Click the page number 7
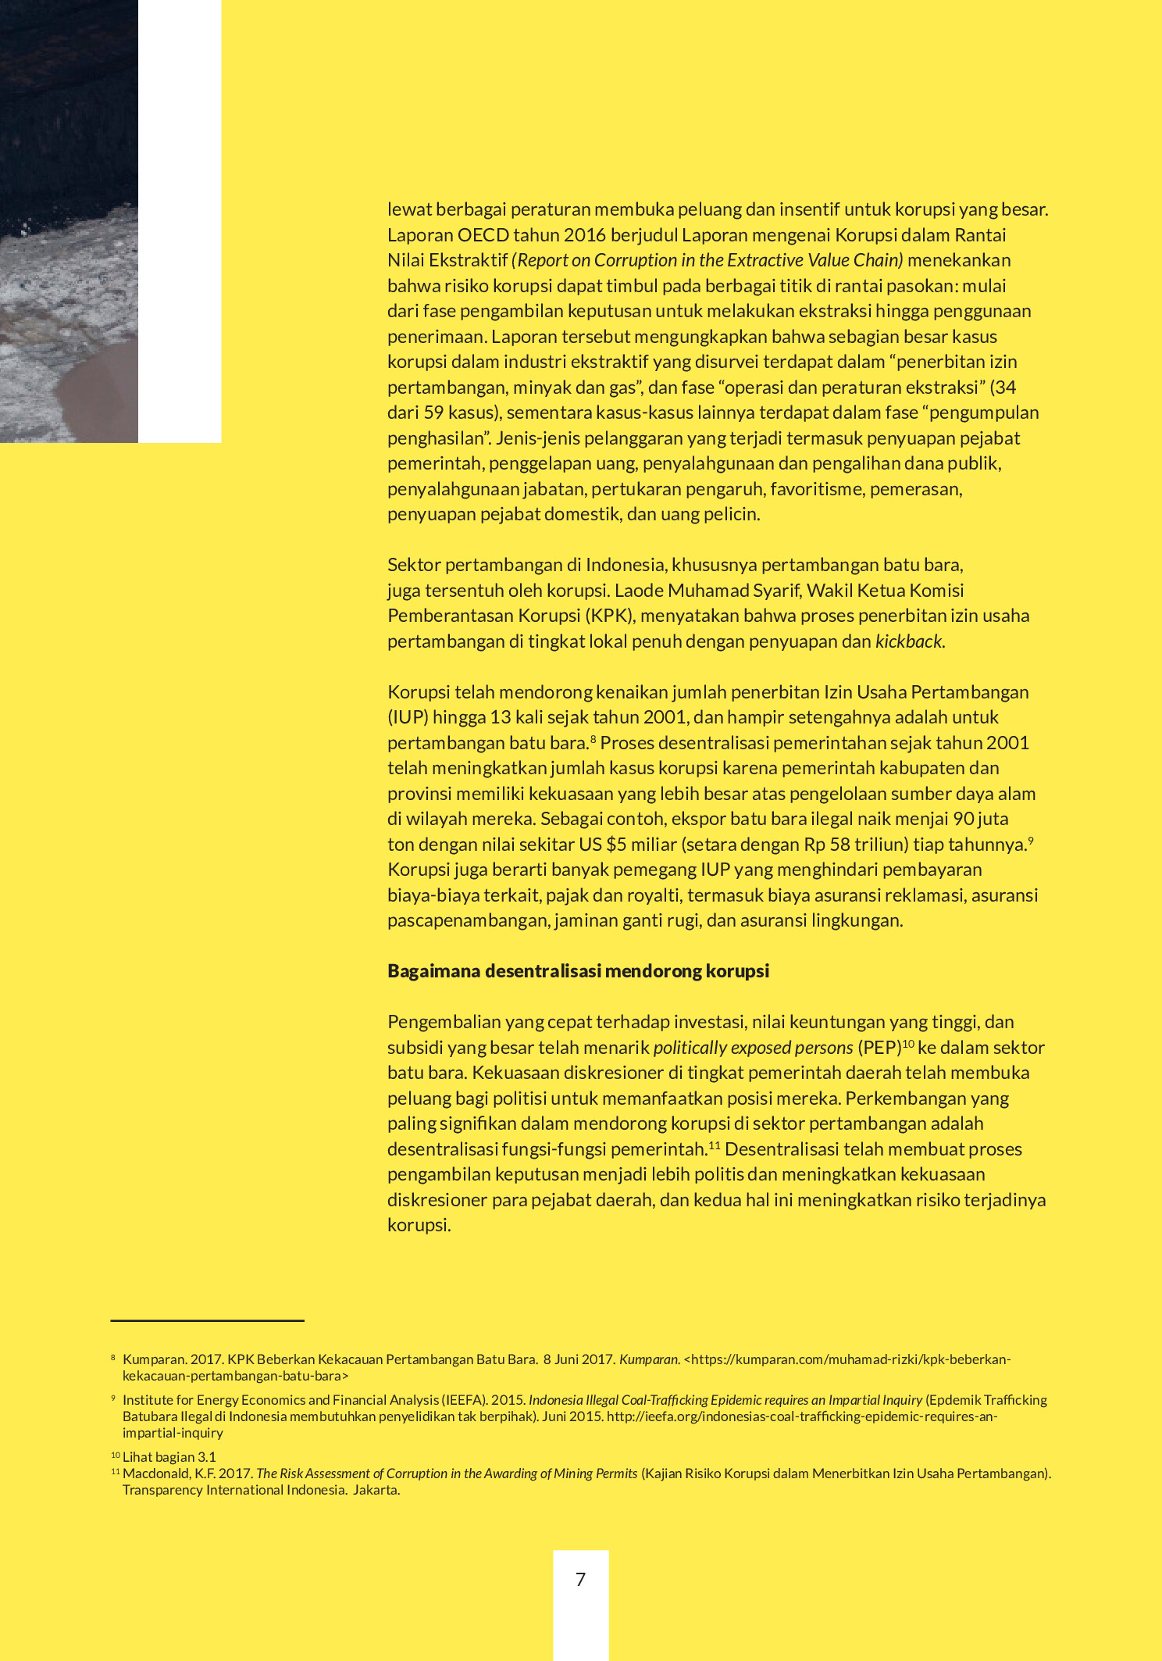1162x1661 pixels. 580,1579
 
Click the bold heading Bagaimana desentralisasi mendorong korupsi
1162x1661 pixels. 578,971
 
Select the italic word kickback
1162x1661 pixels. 908,641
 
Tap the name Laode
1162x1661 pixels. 638,591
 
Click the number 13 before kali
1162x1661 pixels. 501,717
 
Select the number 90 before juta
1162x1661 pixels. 964,819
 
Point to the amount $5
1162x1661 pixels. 617,845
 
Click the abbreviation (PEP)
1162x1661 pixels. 879,1048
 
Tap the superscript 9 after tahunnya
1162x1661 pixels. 1031,840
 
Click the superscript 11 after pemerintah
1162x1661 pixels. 715,1145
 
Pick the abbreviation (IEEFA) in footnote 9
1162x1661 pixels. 464,1400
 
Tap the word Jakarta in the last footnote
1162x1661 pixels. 376,1490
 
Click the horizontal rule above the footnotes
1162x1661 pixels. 207,1320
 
